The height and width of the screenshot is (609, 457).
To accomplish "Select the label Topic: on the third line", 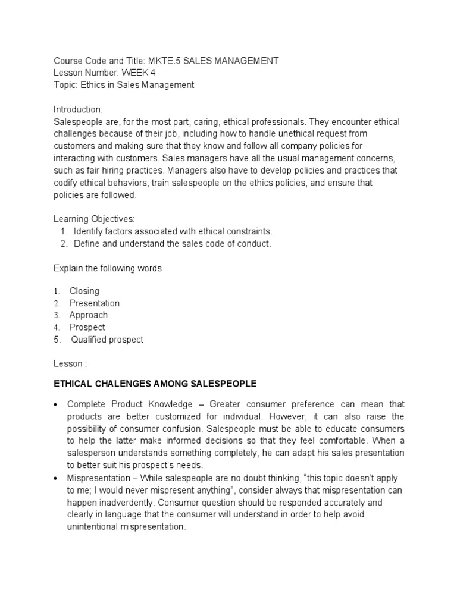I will [65, 85].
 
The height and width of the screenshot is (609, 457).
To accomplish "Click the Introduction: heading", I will [78, 109].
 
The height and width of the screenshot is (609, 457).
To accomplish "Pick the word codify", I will [67, 183].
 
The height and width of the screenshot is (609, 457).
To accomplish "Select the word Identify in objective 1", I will [89, 231].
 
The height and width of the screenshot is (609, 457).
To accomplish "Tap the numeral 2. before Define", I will [64, 244].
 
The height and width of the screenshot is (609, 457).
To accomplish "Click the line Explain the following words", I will [108, 268].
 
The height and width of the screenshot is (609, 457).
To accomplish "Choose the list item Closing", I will [84, 291].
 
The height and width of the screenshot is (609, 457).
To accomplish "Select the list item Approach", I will [89, 315].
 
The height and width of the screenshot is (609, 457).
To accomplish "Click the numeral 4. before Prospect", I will [57, 328].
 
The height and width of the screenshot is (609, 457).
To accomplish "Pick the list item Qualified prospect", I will [107, 340].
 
